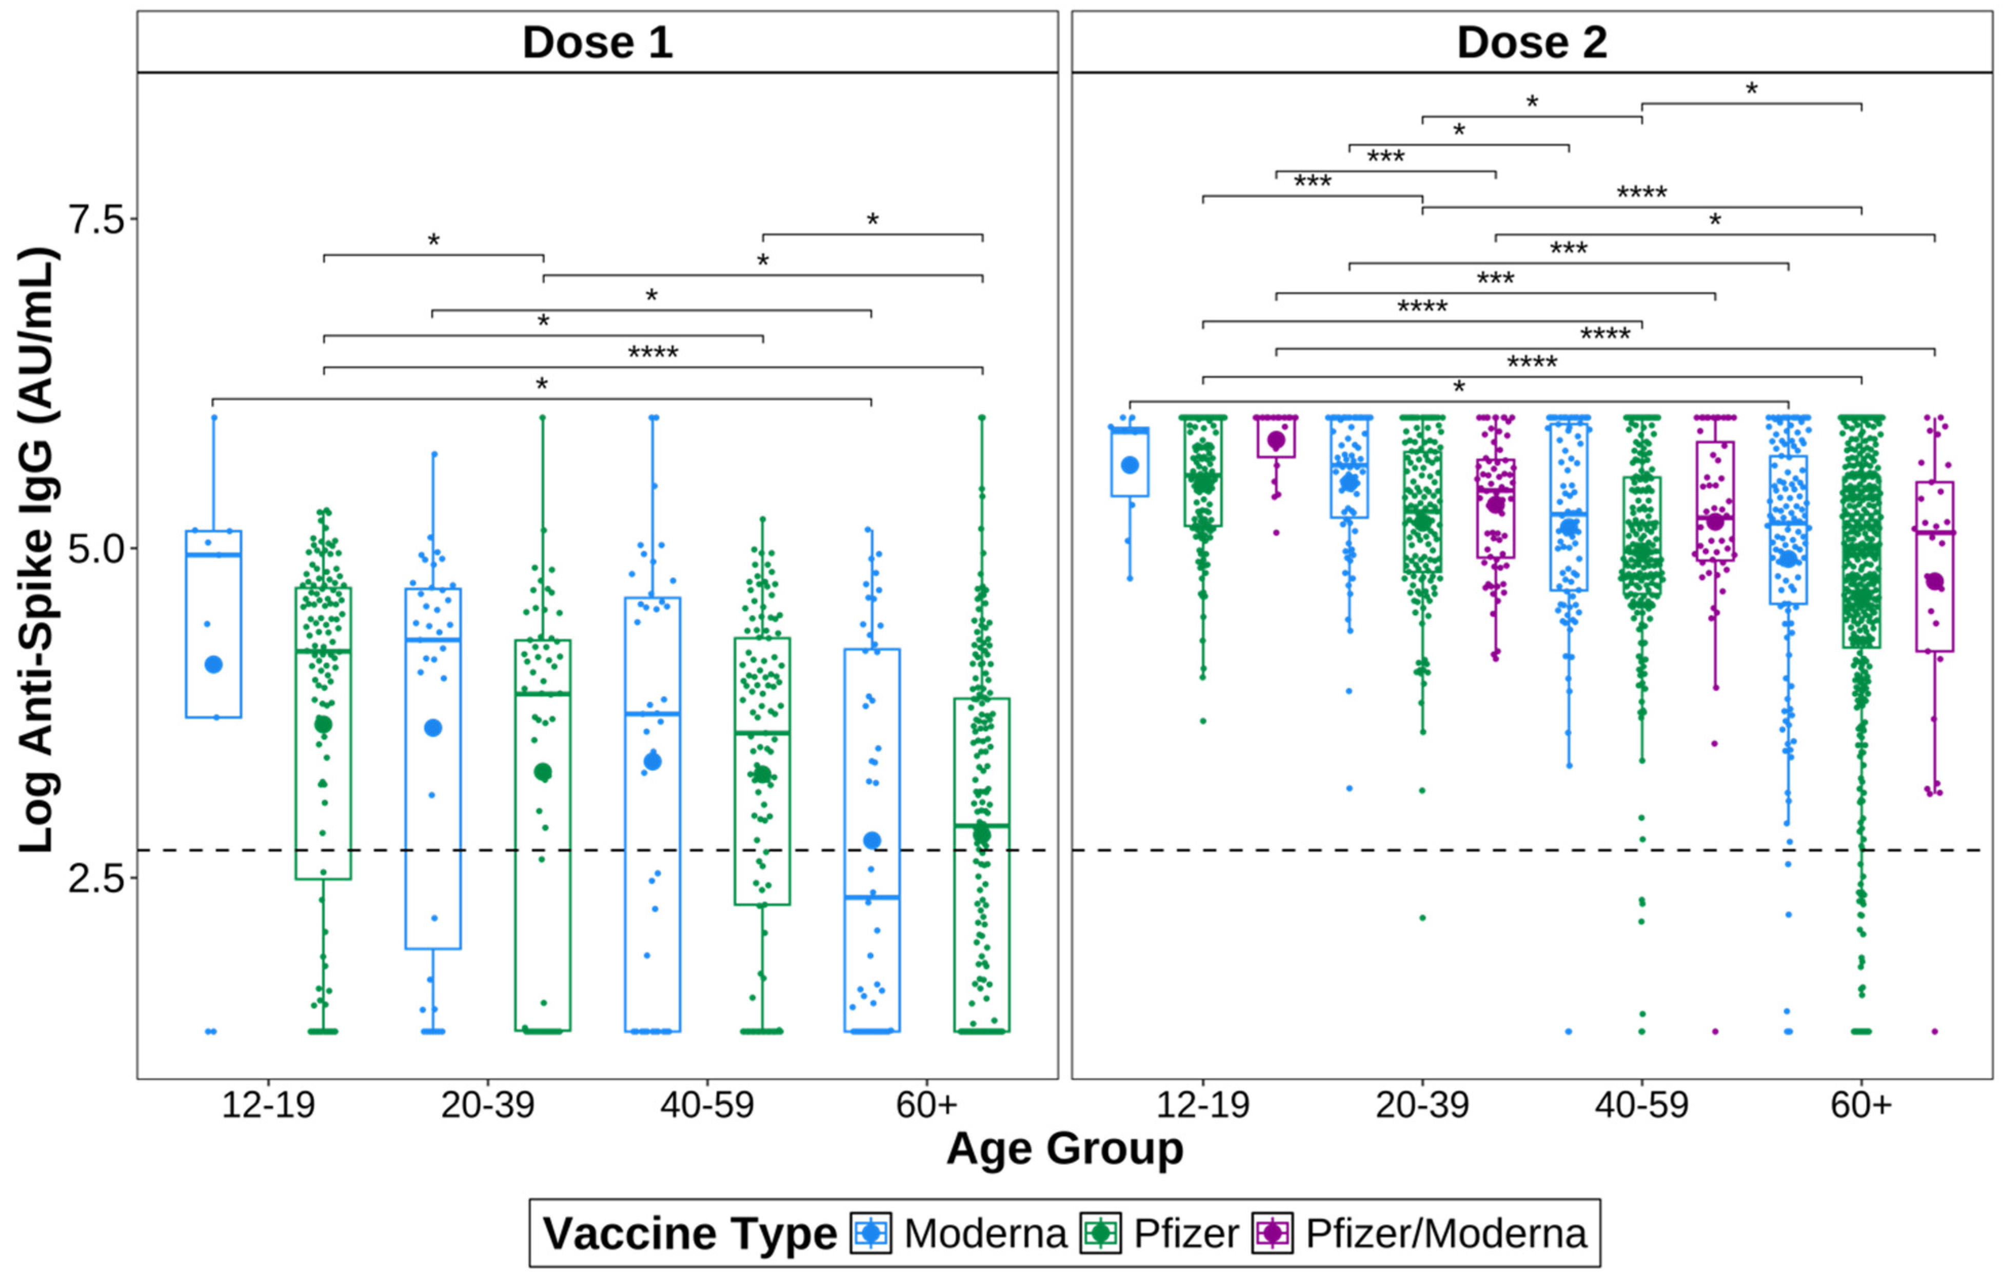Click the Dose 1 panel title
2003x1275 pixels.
pyautogui.click(x=597, y=43)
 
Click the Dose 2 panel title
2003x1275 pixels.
pyautogui.click(x=1532, y=43)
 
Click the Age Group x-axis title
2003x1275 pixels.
pyautogui.click(x=1065, y=1149)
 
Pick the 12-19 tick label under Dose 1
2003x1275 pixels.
pyautogui.click(x=268, y=1105)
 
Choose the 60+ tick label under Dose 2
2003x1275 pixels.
pyautogui.click(x=1861, y=1105)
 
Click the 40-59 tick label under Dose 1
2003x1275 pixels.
pyautogui.click(x=707, y=1105)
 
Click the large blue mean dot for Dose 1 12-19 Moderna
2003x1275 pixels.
pyautogui.click(x=214, y=664)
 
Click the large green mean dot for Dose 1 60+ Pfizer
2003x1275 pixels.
pyautogui.click(x=982, y=832)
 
